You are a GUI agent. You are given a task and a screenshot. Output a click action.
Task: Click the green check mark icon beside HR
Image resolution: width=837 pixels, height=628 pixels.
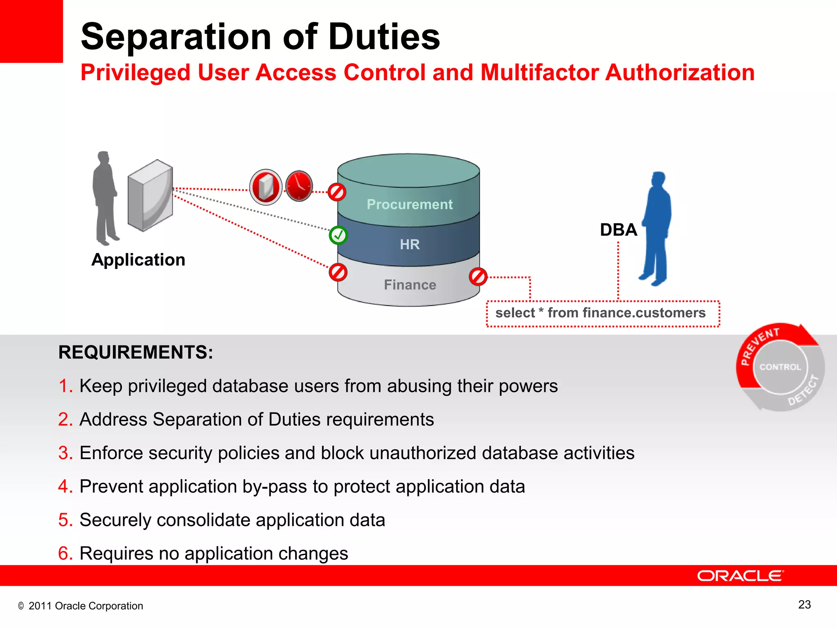click(338, 235)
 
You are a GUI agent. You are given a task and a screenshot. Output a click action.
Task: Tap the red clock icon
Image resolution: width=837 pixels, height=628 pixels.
click(299, 186)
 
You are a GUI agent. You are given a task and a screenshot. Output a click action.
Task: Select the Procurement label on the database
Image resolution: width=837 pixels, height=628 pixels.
click(410, 204)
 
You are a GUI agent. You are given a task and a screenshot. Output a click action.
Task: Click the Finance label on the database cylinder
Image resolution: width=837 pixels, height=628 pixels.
click(410, 285)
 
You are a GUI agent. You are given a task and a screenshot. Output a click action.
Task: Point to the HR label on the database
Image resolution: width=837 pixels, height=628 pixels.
click(410, 244)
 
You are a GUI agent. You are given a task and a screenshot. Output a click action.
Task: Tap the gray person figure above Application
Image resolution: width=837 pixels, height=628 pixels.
click(105, 198)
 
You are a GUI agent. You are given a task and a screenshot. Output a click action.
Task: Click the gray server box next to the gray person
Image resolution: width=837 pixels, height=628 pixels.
click(150, 195)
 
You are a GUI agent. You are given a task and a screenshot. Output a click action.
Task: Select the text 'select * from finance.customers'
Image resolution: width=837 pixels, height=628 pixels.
click(600, 313)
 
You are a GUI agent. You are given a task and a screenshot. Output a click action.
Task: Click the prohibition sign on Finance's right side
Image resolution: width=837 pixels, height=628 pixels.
click(478, 277)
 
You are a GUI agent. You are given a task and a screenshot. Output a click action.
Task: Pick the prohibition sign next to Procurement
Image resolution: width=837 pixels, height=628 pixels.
click(337, 192)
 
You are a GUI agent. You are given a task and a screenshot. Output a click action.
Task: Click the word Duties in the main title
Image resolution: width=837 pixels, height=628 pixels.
click(384, 37)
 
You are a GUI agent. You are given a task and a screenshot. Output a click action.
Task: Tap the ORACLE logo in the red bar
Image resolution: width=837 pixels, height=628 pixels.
click(740, 576)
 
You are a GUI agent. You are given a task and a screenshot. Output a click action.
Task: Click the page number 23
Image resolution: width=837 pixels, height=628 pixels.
click(804, 604)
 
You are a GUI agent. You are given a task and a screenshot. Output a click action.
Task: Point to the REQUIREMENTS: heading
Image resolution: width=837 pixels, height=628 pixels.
click(136, 352)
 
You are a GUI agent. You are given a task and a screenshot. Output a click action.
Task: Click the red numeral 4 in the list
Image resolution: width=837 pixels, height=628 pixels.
click(64, 487)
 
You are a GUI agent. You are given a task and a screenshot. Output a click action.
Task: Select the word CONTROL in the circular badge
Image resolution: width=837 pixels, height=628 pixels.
click(780, 367)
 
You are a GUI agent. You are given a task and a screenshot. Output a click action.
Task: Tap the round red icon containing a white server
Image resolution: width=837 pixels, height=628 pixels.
click(266, 187)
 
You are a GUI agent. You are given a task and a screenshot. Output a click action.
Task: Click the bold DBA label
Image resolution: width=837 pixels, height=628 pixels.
click(618, 230)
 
